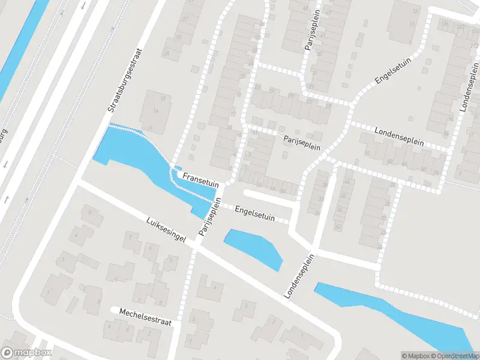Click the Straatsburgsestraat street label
[x=124, y=80]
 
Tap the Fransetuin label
[x=200, y=178]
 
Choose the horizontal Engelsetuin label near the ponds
[x=255, y=214]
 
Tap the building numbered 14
[x=155, y=112]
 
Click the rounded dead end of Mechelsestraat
[x=114, y=310]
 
